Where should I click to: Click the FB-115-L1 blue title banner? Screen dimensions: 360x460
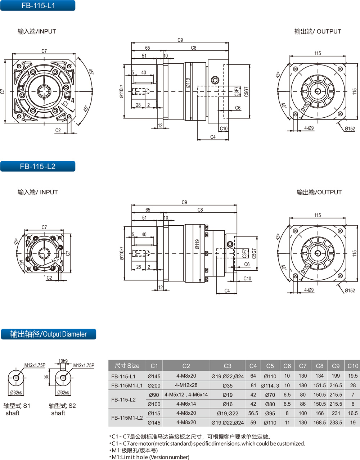click(38, 5)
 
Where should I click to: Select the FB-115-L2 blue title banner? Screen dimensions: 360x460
click(38, 166)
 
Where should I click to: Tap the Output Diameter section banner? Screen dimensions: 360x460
click(49, 334)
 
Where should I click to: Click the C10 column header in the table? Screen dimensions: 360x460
click(352, 366)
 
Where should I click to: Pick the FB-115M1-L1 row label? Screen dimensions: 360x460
click(127, 385)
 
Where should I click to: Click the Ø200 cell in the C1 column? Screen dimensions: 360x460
click(154, 385)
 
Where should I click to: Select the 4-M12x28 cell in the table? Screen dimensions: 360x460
click(186, 385)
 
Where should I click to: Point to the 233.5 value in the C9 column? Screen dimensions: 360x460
click(336, 423)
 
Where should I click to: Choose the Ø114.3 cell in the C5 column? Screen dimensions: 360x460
click(270, 385)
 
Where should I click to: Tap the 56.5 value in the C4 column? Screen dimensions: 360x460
click(253, 413)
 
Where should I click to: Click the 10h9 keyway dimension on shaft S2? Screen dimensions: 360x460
click(63, 361)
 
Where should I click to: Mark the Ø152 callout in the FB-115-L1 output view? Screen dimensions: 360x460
click(350, 128)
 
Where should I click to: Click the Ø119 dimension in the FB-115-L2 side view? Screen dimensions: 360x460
click(197, 244)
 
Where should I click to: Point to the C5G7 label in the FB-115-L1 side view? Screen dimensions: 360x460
click(246, 92)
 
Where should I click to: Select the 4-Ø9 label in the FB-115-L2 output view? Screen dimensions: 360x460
click(309, 290)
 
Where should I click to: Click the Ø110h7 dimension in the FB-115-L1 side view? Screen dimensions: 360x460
click(121, 91)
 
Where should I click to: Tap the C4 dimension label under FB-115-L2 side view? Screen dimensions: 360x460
click(227, 290)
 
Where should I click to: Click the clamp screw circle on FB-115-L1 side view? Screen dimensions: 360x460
click(215, 80)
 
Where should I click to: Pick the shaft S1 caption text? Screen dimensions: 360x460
click(17, 409)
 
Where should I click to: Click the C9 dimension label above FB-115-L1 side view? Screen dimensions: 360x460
click(180, 40)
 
